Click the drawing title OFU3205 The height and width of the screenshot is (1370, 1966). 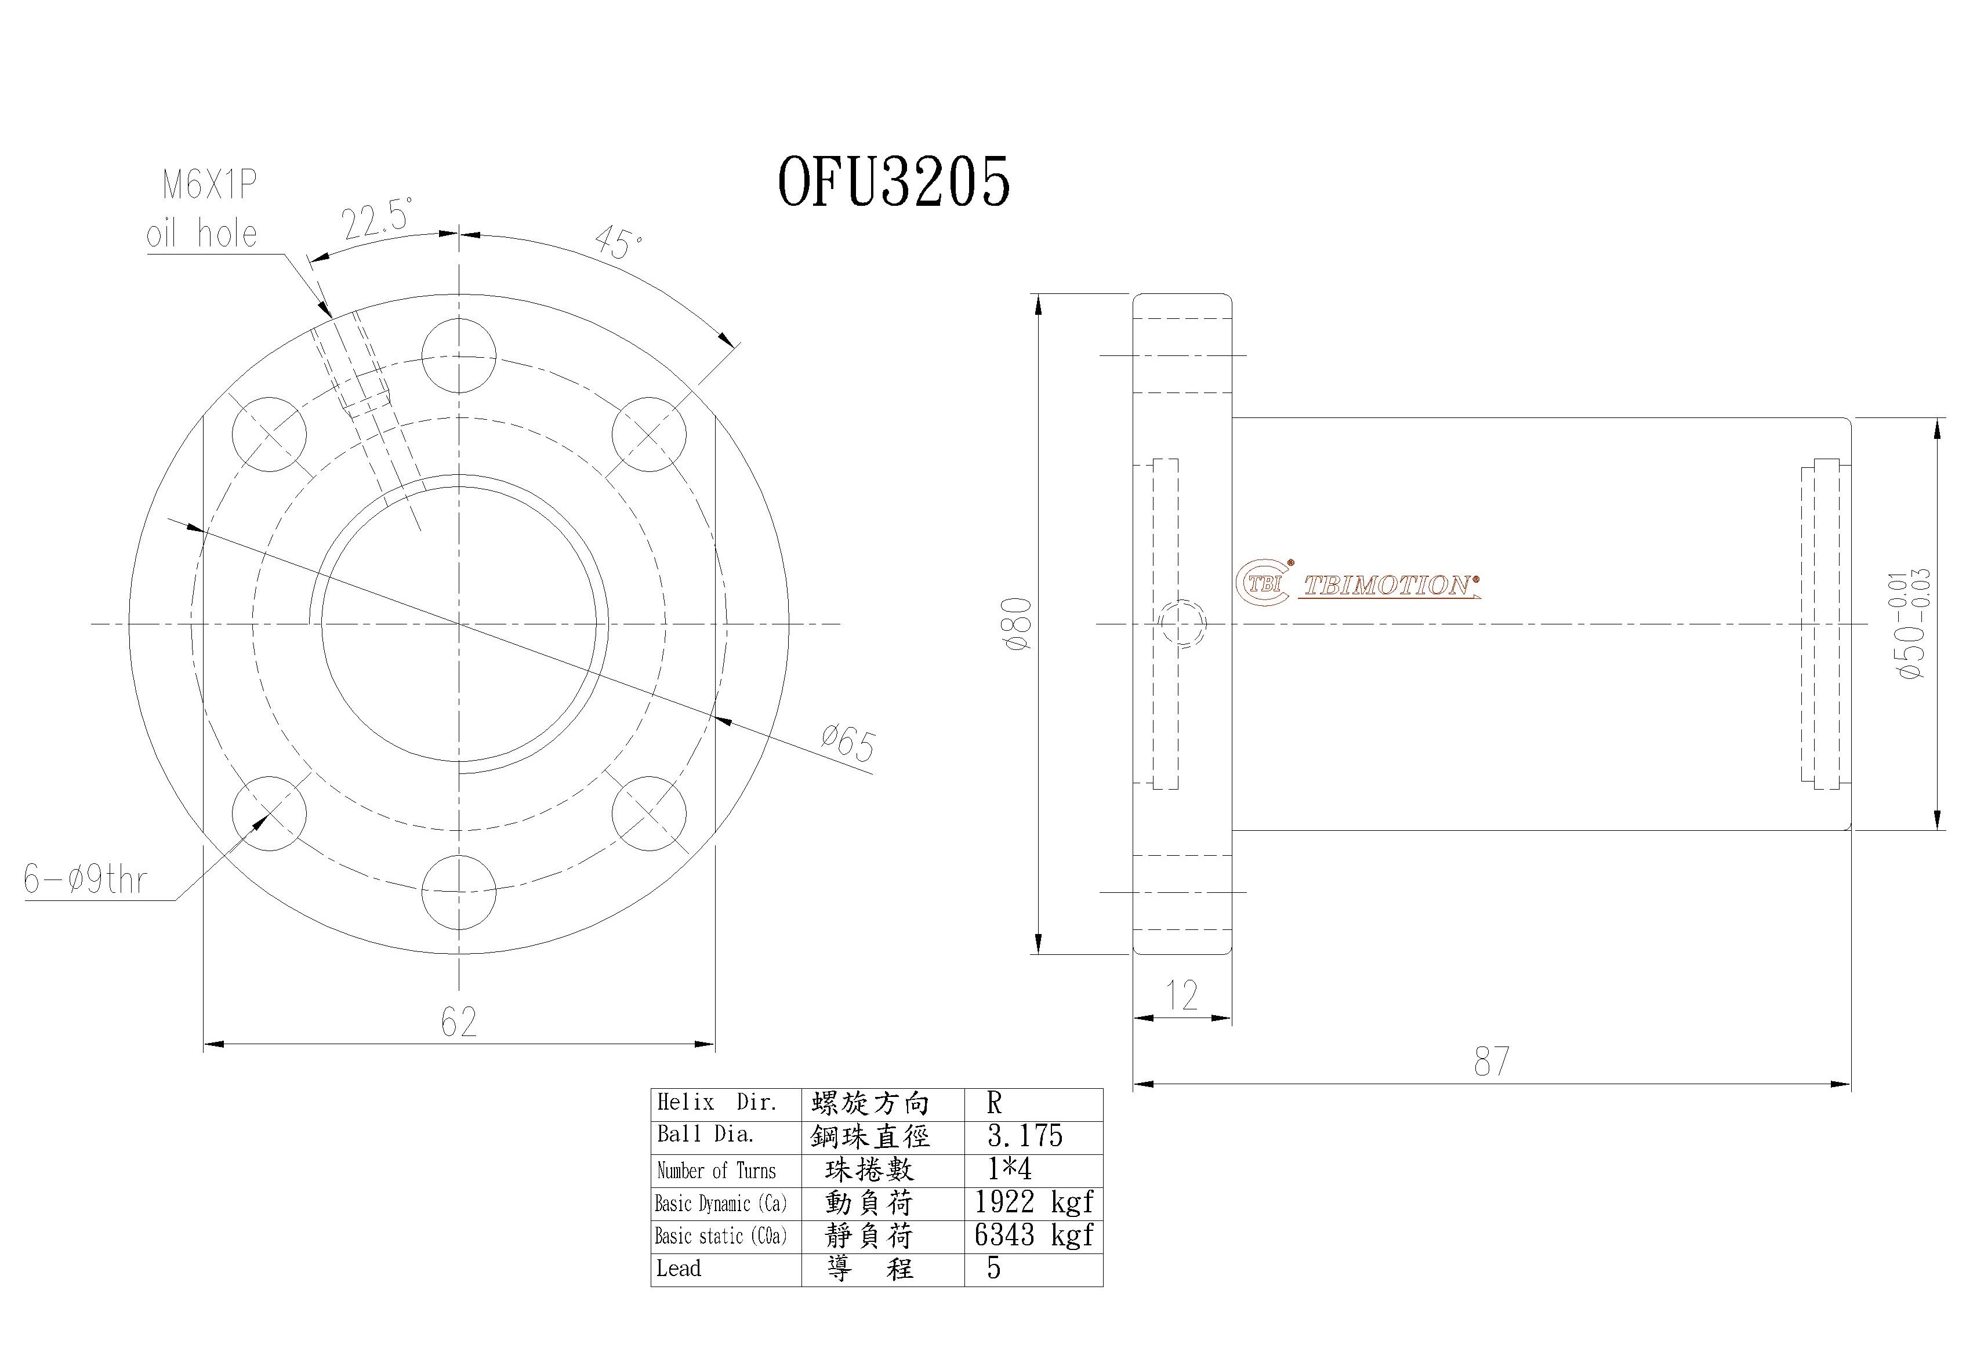pyautogui.click(x=893, y=183)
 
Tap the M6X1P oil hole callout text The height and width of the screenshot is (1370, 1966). pyautogui.click(x=204, y=209)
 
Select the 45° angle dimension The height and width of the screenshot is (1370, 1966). pyautogui.click(x=618, y=243)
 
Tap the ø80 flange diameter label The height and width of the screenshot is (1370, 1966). pyautogui.click(x=1021, y=623)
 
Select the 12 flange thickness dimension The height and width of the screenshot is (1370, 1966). pyautogui.click(x=1182, y=995)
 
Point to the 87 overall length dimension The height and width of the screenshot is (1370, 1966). pyautogui.click(x=1491, y=1062)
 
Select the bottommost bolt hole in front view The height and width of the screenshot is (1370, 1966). pyautogui.click(x=459, y=891)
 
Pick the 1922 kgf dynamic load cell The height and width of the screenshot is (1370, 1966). pyautogui.click(x=1033, y=1203)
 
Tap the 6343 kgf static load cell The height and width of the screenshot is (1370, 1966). pyautogui.click(x=1033, y=1235)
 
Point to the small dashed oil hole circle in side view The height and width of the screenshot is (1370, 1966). pyautogui.click(x=1182, y=623)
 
